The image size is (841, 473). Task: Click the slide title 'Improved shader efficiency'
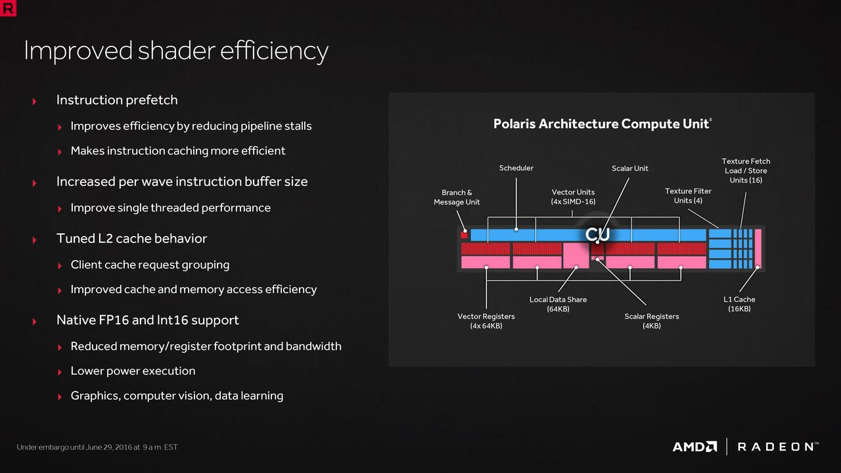pos(176,51)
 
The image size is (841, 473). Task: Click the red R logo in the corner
pos(8,8)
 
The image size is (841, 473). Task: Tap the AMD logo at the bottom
pos(694,447)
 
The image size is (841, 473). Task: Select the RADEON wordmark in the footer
pos(778,447)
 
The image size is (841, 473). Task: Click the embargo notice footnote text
pos(97,447)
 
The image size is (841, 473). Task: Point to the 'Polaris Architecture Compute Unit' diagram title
pos(602,124)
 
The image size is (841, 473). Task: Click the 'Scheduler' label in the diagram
pos(516,168)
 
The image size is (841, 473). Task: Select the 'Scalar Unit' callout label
pos(629,169)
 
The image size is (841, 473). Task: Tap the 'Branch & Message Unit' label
pos(457,198)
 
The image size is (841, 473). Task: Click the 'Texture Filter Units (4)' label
pos(688,196)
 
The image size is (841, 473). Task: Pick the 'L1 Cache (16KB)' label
pos(739,304)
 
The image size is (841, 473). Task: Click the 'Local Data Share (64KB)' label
pos(558,304)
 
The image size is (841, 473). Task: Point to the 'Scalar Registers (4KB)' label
pos(651,321)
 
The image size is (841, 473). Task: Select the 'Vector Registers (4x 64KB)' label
pos(486,321)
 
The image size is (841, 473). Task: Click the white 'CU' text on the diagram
pos(597,235)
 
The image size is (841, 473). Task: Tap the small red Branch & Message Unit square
pos(464,235)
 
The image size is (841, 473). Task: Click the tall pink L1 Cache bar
pos(758,248)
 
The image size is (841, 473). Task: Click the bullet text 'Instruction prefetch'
pos(117,101)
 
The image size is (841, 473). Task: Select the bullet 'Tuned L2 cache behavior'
pos(131,238)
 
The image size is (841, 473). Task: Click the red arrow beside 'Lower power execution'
pos(60,372)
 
